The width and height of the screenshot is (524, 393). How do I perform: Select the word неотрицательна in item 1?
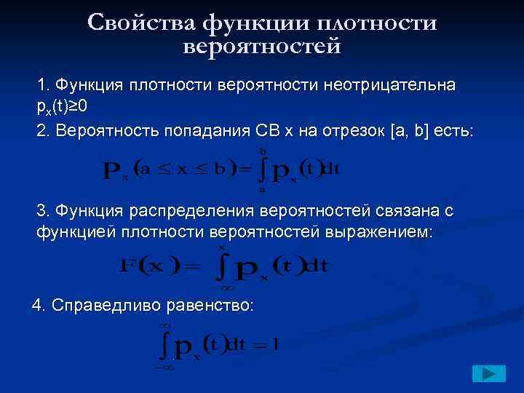[396, 85]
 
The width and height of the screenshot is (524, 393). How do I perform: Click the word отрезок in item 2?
[348, 131]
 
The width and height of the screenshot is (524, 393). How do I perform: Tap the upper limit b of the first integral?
[261, 151]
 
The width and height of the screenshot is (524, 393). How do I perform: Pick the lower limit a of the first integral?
[261, 188]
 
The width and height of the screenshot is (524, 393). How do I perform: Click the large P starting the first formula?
[112, 171]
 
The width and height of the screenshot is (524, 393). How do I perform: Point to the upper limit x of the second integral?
[222, 248]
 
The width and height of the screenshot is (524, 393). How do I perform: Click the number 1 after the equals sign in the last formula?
[275, 344]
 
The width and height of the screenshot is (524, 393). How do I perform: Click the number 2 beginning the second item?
[41, 131]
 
